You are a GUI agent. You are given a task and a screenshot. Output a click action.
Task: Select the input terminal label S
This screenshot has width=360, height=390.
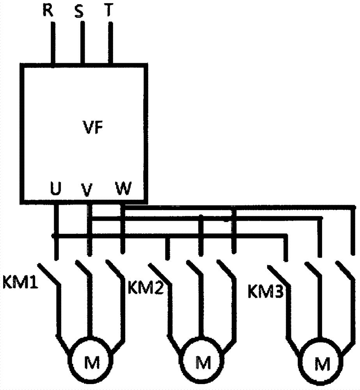[79, 11]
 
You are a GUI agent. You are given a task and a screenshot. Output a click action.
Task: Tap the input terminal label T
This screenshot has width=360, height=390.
[109, 10]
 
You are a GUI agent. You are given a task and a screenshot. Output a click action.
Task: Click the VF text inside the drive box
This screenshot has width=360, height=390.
[92, 128]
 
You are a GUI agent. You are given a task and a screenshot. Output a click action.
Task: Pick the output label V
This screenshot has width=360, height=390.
[87, 190]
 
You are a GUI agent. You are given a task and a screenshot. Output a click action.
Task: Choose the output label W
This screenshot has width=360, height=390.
[123, 188]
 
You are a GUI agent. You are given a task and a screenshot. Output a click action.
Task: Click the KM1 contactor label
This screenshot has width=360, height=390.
[20, 282]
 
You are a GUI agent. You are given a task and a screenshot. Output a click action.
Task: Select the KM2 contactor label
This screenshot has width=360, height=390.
[146, 288]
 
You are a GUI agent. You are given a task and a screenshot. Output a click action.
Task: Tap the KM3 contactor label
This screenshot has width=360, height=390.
[266, 291]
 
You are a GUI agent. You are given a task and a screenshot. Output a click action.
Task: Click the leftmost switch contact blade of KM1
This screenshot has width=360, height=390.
[49, 274]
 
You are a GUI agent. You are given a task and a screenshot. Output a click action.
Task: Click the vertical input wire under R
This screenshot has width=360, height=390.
[53, 43]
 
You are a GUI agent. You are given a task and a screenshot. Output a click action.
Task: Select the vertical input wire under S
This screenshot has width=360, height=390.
[82, 42]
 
